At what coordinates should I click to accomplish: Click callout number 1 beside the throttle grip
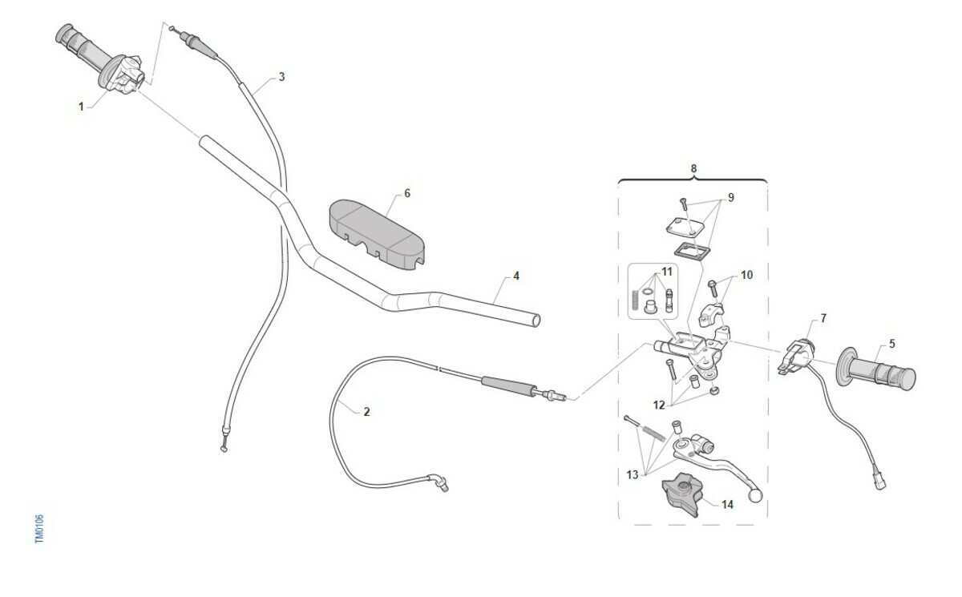tap(81, 106)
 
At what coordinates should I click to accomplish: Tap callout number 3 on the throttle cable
tap(281, 77)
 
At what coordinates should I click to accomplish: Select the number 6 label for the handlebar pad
tap(407, 194)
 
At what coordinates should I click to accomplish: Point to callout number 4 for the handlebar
tap(516, 276)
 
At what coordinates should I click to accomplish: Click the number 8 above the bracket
tap(693, 168)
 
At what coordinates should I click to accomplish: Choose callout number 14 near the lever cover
tap(727, 504)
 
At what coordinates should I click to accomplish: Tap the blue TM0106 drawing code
tap(39, 529)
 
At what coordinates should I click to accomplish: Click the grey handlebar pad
tap(377, 236)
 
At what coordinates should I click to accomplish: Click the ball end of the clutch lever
tap(755, 496)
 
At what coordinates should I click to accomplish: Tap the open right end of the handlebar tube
tap(536, 321)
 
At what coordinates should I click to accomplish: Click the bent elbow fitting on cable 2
tap(438, 482)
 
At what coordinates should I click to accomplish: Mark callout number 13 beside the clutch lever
tap(633, 474)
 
